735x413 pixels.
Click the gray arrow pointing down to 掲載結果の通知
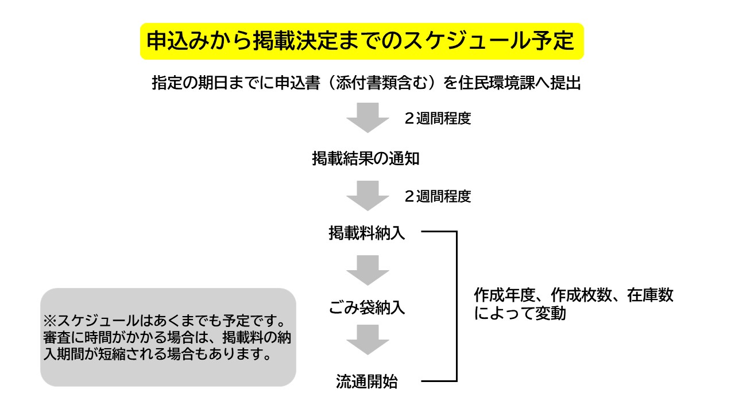367,118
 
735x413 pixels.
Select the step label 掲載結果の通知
366,158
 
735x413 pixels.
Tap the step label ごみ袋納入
367,307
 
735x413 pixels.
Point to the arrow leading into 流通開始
367,340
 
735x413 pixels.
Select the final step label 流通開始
367,381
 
